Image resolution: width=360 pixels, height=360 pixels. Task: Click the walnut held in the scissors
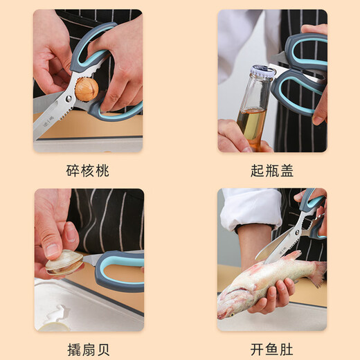(86, 88)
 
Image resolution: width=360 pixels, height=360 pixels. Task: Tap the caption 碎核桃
(88, 170)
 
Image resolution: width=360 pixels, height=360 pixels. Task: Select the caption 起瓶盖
(272, 170)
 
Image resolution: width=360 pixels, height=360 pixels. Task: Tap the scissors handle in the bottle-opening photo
(305, 69)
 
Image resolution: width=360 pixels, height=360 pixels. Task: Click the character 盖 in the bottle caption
(290, 170)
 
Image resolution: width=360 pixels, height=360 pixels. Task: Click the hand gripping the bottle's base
(239, 135)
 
